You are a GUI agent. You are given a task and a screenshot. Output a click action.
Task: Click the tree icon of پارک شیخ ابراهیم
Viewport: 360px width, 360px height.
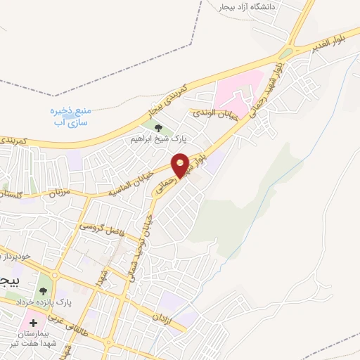pyautogui.click(x=157, y=128)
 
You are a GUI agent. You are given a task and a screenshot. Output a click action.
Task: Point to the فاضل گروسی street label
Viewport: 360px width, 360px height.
pyautogui.click(x=103, y=227)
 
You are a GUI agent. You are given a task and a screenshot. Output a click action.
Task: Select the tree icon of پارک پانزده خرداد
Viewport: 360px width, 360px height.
pyautogui.click(x=44, y=290)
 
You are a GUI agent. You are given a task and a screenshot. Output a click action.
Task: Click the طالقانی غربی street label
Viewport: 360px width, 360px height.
pyautogui.click(x=79, y=328)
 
